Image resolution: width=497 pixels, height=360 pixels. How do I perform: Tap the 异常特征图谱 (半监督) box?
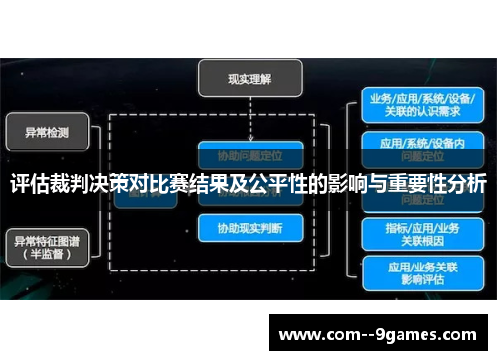point(48,245)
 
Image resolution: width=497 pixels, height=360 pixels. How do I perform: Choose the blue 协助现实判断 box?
point(248,228)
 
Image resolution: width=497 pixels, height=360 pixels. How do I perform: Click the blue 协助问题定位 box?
point(248,155)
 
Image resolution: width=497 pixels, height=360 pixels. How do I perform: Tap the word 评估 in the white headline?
point(31,185)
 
